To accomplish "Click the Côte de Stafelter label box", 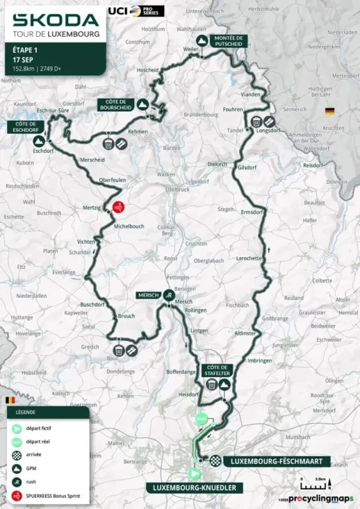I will (217, 370).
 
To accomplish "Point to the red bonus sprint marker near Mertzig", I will (118, 207).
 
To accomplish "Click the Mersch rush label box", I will (151, 295).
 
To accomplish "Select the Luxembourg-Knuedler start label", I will (195, 487).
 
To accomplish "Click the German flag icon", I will (329, 111).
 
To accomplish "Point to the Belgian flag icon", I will (9, 400).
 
